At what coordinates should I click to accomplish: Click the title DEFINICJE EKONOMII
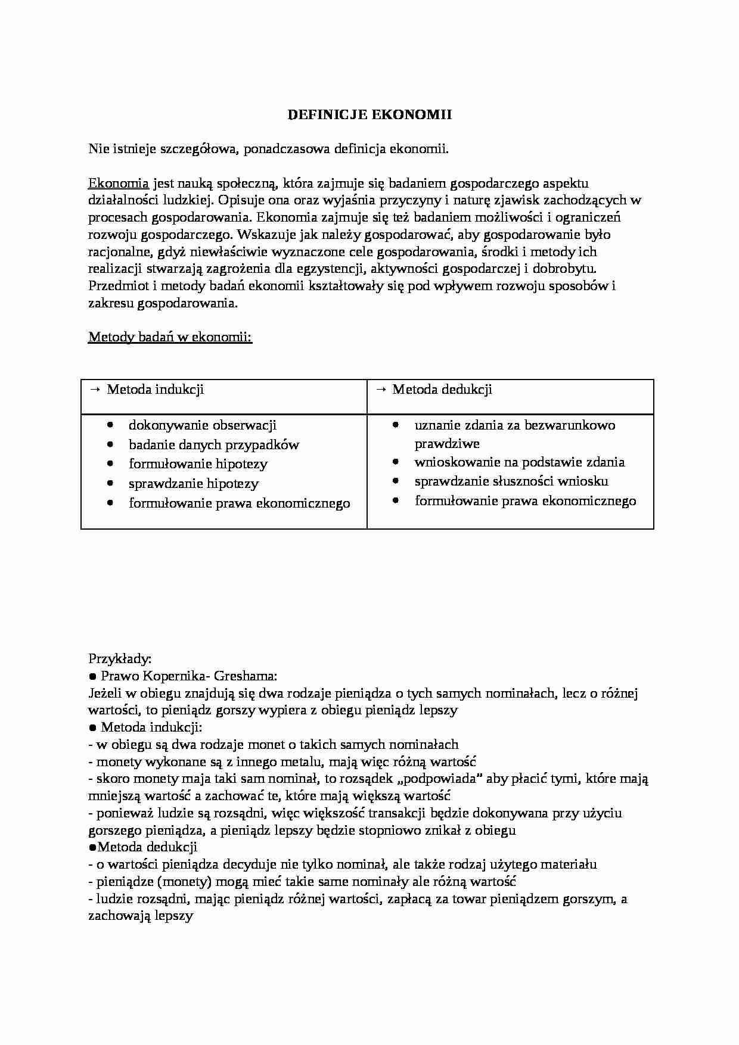click(x=369, y=115)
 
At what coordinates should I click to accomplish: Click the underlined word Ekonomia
click(x=118, y=183)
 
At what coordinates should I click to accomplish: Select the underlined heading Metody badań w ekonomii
click(x=170, y=337)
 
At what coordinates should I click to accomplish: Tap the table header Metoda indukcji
click(x=155, y=390)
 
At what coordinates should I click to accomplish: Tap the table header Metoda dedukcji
click(x=442, y=390)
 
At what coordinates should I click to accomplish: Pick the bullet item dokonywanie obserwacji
click(x=203, y=425)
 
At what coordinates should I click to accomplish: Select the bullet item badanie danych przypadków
click(x=214, y=445)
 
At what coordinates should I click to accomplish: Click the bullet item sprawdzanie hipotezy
click(x=194, y=484)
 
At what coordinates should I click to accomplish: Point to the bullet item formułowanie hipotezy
click(x=198, y=464)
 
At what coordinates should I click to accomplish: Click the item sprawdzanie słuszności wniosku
click(x=511, y=481)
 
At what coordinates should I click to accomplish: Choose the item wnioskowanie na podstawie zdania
click(x=519, y=462)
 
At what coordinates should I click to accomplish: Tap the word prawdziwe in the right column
click(x=447, y=444)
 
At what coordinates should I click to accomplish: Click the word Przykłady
click(x=120, y=659)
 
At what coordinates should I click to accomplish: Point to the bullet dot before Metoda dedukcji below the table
click(x=92, y=847)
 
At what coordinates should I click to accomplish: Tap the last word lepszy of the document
click(x=173, y=916)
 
